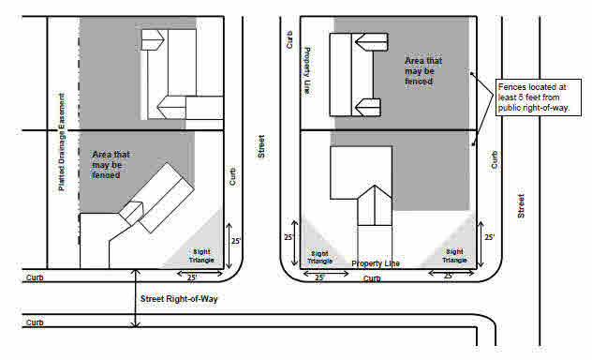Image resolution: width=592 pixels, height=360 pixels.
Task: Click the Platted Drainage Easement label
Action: pyautogui.click(x=62, y=142)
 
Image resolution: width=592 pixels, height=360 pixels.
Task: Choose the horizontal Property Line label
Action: pyautogui.click(x=375, y=263)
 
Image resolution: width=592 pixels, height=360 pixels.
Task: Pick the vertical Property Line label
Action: pyautogui.click(x=306, y=71)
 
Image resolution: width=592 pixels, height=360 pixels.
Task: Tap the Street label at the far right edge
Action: pyautogui.click(x=521, y=206)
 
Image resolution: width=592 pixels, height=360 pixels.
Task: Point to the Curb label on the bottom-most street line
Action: pyautogui.click(x=35, y=322)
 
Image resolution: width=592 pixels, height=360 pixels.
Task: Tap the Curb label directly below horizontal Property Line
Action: pyautogui.click(x=372, y=277)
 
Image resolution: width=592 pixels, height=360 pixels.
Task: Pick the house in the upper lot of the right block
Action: pyautogui.click(x=356, y=73)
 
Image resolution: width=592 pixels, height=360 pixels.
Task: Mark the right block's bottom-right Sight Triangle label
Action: pyautogui.click(x=453, y=255)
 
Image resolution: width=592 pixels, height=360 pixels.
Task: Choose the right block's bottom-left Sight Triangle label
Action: pyautogui.click(x=319, y=257)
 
